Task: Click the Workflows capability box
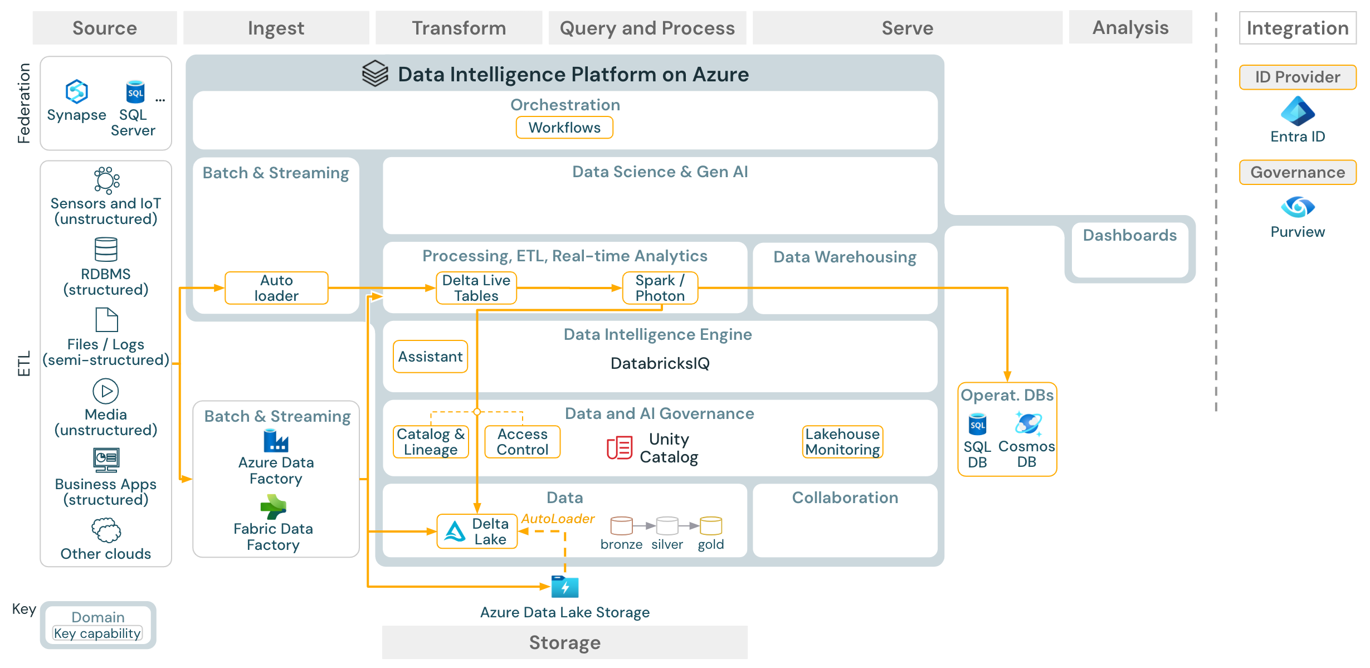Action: coord(564,128)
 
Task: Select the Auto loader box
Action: coord(276,288)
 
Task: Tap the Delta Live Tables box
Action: coord(476,288)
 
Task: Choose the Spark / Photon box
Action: coord(660,288)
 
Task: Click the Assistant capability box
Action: coord(430,357)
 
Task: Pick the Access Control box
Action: coord(522,442)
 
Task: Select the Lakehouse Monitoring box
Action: coord(842,442)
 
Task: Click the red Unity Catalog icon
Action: coord(619,448)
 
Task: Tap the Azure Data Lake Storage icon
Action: coord(565,587)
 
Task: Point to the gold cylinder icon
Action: coord(711,525)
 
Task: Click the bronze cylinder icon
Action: coord(621,525)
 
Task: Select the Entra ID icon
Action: coord(1298,111)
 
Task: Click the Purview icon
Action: coord(1298,207)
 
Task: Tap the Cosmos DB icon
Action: coord(1027,424)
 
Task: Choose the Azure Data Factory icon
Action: coord(276,441)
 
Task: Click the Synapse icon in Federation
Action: coord(77,91)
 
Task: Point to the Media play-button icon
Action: coord(106,391)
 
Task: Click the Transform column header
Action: coord(459,28)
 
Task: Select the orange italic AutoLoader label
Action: coord(558,519)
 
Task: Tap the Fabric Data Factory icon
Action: coord(273,507)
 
